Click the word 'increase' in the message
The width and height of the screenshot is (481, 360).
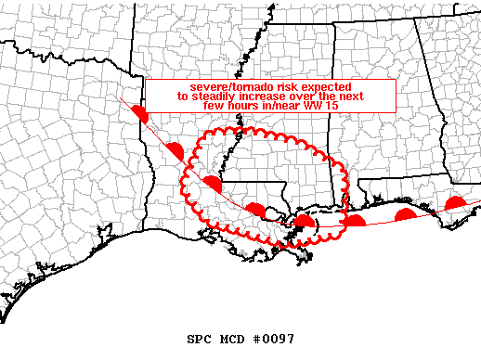tap(272, 96)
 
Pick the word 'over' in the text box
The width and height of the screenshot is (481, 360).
tap(313, 96)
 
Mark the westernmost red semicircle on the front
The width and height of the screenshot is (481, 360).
tap(141, 114)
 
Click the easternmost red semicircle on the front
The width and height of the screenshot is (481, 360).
tap(456, 203)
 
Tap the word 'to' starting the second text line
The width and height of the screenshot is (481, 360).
tap(183, 96)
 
